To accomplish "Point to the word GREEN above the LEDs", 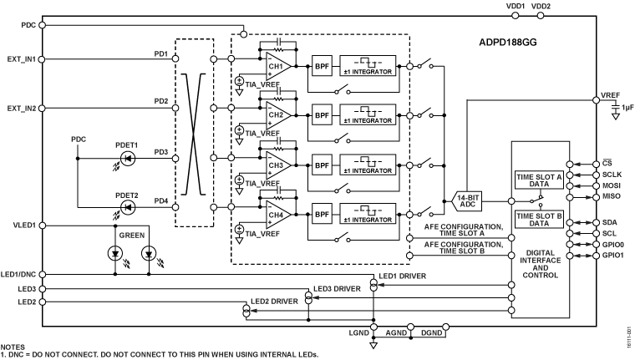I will pos(131,235).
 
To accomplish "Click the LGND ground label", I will pos(372,332).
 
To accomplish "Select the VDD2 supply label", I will pos(541,6).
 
